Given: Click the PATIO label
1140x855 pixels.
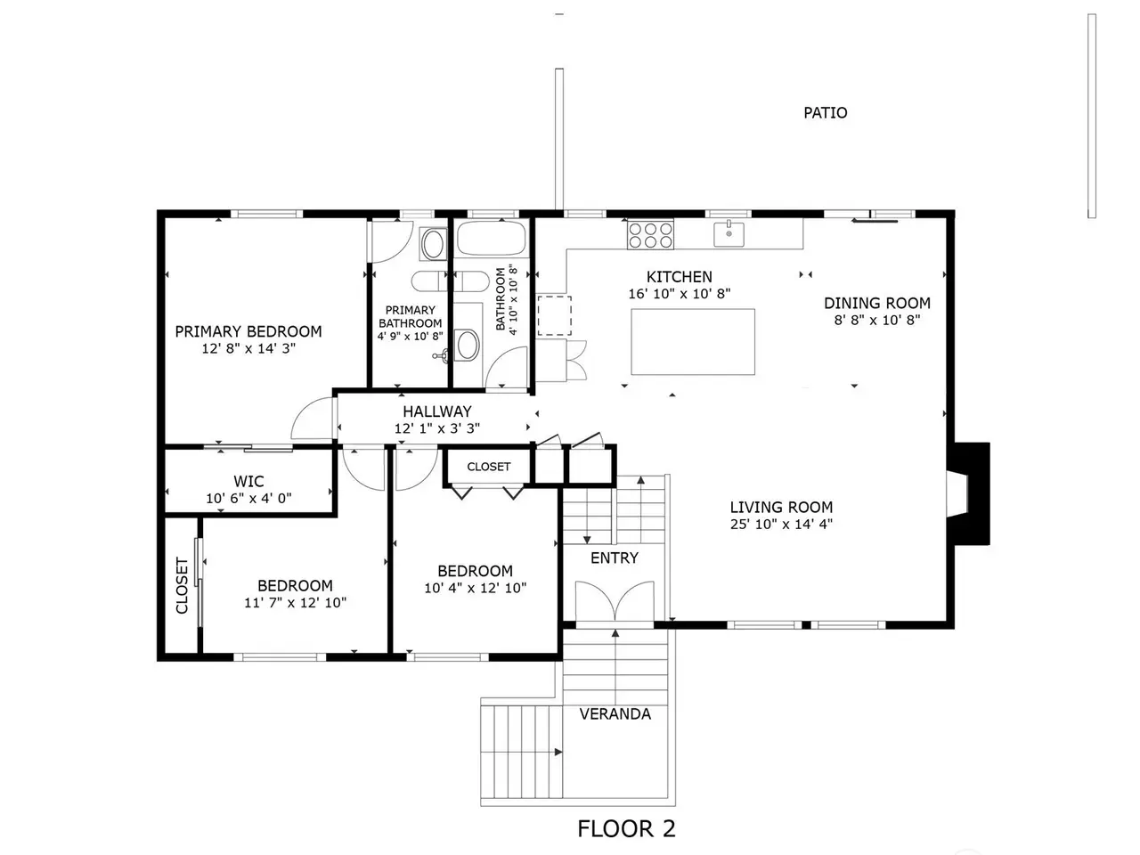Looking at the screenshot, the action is (825, 112).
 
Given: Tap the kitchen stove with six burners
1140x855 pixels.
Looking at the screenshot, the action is (650, 234).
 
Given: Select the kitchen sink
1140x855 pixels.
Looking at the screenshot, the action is (729, 234).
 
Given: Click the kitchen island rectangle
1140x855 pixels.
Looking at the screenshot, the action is (693, 342).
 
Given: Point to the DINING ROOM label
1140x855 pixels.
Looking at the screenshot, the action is (876, 303).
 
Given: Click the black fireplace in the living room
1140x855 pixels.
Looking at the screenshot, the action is (972, 493).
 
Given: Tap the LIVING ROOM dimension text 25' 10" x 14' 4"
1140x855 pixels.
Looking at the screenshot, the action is (781, 524).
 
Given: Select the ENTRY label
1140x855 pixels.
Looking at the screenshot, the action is (615, 558).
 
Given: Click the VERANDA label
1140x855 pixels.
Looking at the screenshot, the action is (615, 714).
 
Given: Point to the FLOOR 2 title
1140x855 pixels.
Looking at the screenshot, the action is (626, 828).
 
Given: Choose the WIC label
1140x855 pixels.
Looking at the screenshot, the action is (248, 481).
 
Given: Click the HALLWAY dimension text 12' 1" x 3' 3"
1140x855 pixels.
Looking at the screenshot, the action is (436, 428).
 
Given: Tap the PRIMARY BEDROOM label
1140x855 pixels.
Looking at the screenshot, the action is (248, 331).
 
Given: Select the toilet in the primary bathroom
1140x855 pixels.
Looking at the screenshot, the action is (433, 243).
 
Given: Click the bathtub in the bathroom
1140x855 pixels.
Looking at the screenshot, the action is (492, 237).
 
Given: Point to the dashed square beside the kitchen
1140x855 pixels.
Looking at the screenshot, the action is (554, 315).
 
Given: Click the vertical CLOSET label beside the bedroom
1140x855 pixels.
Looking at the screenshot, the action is (182, 585).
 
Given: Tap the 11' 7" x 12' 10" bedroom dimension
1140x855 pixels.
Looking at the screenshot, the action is (295, 603).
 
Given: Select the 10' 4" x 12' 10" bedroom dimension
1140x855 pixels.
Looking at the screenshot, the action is (476, 588).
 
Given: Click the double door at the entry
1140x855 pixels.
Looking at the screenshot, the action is (615, 601).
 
